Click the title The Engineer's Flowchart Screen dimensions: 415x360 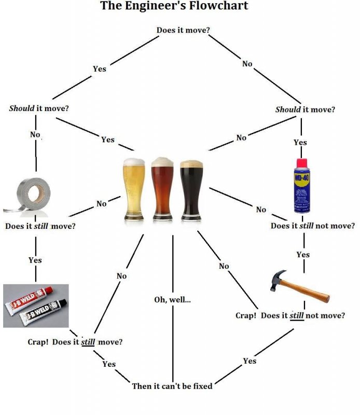[x=174, y=6]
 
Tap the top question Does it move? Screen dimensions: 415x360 [x=183, y=30]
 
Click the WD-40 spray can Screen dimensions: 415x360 [x=302, y=187]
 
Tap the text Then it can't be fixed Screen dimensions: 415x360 [x=172, y=386]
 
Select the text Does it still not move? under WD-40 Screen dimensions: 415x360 [x=313, y=226]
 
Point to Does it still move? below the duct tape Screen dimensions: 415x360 [x=40, y=226]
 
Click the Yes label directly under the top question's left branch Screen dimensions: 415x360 [x=99, y=68]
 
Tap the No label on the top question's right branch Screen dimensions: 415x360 [x=247, y=64]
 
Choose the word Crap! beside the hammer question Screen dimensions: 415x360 [x=246, y=315]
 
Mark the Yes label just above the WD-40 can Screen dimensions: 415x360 [x=300, y=142]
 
